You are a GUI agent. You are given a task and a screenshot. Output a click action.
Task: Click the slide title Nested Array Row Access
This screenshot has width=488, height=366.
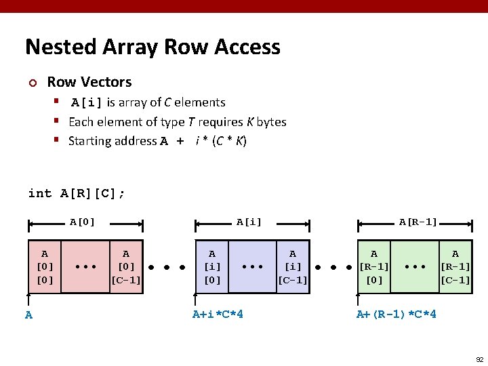tap(152, 47)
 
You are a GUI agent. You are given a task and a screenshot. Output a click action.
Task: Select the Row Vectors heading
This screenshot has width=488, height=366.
tap(89, 82)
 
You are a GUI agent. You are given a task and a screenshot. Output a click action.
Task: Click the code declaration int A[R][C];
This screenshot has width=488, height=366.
tap(77, 193)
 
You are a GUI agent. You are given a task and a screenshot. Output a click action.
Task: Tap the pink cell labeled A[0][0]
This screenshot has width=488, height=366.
tap(45, 266)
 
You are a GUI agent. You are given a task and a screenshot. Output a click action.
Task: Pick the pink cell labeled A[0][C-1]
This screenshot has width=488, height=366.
tap(126, 266)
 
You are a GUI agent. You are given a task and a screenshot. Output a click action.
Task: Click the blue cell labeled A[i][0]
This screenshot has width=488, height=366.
tap(212, 266)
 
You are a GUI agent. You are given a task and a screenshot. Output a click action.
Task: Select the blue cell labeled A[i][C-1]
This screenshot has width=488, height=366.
tap(293, 266)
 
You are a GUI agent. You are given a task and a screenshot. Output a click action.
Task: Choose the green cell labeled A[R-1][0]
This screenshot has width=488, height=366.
tap(374, 266)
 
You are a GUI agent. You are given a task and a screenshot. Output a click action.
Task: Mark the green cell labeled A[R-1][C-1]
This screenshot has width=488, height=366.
tap(455, 266)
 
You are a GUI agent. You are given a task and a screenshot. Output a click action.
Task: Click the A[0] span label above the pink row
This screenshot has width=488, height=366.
tap(83, 222)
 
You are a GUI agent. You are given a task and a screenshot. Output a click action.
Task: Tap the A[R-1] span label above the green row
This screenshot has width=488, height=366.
tap(418, 222)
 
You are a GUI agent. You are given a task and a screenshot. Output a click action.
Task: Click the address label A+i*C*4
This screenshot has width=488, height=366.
tap(218, 314)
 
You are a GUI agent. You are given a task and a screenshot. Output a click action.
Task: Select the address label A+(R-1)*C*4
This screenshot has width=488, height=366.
tap(396, 314)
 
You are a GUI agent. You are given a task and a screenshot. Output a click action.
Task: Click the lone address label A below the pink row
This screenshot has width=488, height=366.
tap(28, 314)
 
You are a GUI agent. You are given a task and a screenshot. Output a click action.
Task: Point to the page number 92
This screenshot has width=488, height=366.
tap(479, 359)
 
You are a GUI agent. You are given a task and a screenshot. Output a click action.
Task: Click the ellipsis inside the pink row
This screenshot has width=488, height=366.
tap(85, 267)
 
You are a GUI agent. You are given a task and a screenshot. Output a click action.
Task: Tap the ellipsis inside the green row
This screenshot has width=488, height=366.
tap(414, 267)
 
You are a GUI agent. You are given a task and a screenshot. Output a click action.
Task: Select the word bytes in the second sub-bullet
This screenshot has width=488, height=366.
tap(271, 122)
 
